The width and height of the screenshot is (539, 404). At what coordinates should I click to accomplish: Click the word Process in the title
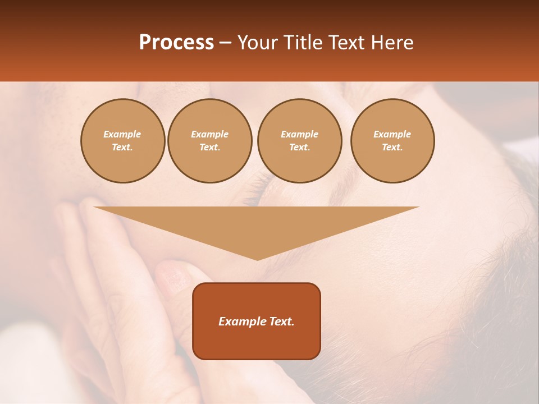(x=176, y=43)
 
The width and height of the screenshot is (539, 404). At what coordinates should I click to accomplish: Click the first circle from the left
(x=122, y=141)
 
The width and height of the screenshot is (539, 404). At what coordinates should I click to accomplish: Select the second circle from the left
(x=209, y=141)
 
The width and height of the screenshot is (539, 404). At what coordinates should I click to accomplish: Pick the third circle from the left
(x=299, y=141)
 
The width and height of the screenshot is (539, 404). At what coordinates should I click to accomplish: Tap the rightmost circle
(x=392, y=141)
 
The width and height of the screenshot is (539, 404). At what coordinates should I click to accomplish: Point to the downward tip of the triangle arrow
(x=257, y=259)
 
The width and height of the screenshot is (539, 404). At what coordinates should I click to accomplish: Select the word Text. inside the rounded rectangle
(x=281, y=322)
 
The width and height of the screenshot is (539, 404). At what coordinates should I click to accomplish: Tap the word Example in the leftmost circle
(x=122, y=135)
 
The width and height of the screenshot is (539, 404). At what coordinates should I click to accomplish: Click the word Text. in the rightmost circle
(x=392, y=148)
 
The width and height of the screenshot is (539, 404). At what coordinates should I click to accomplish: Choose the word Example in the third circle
(x=299, y=135)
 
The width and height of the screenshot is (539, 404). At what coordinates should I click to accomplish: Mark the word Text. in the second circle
(x=209, y=148)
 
